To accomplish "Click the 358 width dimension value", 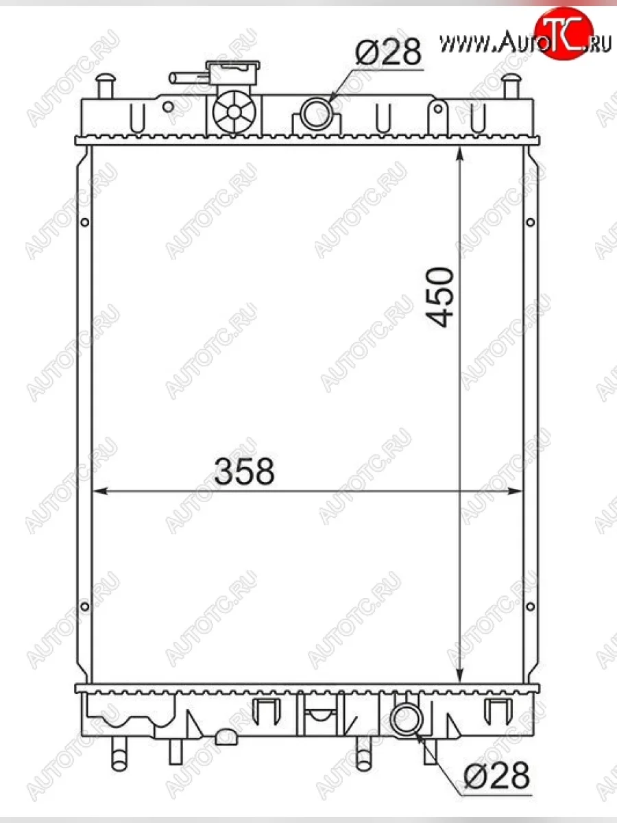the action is pyautogui.click(x=244, y=471).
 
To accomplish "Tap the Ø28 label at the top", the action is pyautogui.click(x=389, y=51).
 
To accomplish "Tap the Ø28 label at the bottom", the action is pyautogui.click(x=497, y=775).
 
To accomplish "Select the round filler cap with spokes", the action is pyautogui.click(x=234, y=111).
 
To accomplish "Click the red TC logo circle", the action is pyautogui.click(x=564, y=33).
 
